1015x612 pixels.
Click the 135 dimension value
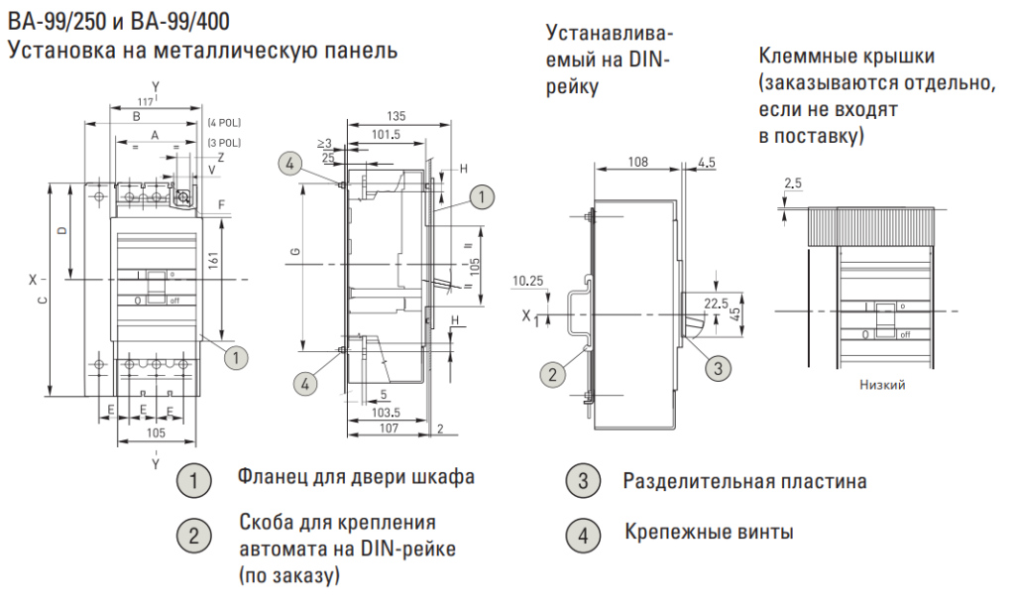pyautogui.click(x=395, y=117)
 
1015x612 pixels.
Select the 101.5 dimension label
pyautogui.click(x=386, y=135)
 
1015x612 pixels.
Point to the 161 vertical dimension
pyautogui.click(x=214, y=260)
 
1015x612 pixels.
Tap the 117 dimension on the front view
pyautogui.click(x=146, y=102)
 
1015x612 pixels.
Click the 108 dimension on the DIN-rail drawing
pyautogui.click(x=637, y=162)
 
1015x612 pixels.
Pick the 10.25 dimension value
pyautogui.click(x=527, y=281)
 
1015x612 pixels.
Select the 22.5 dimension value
pyautogui.click(x=716, y=304)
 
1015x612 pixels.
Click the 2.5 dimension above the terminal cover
pyautogui.click(x=792, y=184)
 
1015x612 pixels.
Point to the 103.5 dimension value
pyautogui.click(x=386, y=413)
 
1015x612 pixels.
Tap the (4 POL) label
pyautogui.click(x=224, y=122)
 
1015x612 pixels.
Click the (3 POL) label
pyautogui.click(x=224, y=143)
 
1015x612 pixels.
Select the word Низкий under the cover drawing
pyautogui.click(x=882, y=385)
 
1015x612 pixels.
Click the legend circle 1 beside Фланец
pyautogui.click(x=193, y=480)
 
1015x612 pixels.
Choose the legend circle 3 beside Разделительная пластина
pyautogui.click(x=583, y=480)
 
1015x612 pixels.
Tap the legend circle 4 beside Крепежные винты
pyautogui.click(x=583, y=536)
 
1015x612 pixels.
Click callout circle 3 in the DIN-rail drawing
pyautogui.click(x=718, y=369)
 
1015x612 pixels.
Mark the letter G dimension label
pyautogui.click(x=295, y=253)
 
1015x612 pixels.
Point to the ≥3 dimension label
pyautogui.click(x=324, y=144)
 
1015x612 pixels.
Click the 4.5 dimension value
pyautogui.click(x=707, y=162)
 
